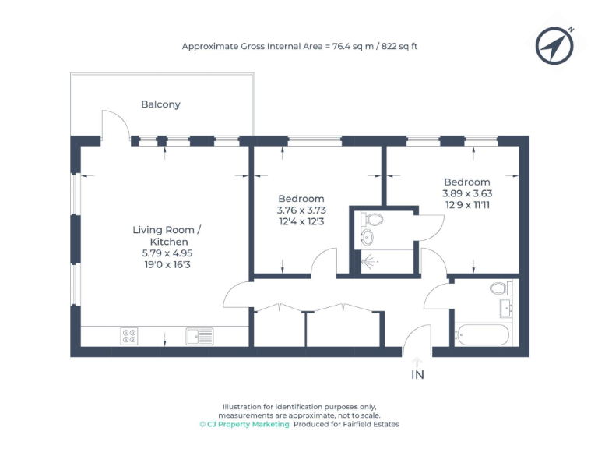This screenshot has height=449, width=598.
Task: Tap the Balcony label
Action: tap(160, 104)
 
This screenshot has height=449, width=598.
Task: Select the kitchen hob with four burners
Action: tap(129, 337)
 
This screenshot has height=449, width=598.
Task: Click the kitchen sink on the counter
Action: tap(199, 337)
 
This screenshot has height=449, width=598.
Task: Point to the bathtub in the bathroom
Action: tap(483, 337)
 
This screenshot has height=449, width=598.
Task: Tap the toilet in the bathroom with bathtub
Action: tap(499, 288)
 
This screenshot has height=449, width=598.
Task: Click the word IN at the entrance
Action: tap(418, 375)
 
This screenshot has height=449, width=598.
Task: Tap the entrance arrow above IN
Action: tap(417, 361)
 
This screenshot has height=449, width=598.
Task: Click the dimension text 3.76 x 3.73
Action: tap(301, 210)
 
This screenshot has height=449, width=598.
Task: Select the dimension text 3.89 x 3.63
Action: tap(467, 194)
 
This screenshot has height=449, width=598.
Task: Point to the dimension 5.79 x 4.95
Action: tap(167, 254)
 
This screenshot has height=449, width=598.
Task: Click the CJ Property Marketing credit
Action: tap(244, 425)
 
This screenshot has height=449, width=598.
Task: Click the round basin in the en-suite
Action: tap(368, 236)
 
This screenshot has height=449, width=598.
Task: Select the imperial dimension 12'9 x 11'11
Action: tap(467, 206)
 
